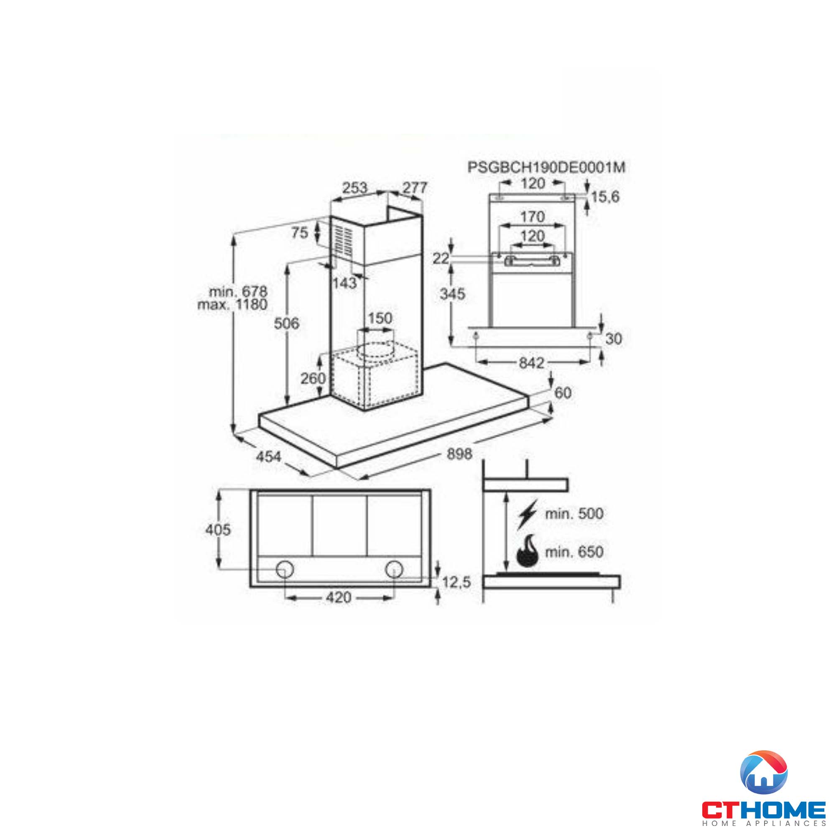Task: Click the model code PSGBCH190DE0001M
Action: [546, 168]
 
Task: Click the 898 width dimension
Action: [459, 454]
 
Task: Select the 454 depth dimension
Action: [269, 456]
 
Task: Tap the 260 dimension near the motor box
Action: [313, 378]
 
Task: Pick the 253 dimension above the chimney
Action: [354, 187]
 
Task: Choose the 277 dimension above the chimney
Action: [415, 187]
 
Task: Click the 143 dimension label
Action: [345, 283]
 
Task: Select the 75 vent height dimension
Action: [299, 233]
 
